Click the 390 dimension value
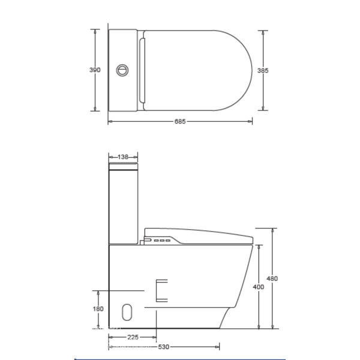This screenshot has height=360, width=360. point(95,70)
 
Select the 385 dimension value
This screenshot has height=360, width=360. point(263,70)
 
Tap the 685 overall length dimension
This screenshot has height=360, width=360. point(180,121)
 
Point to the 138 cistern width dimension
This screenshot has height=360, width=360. point(123,157)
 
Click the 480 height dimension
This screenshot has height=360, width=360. point(272,278)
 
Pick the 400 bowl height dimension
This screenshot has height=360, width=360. point(259,287)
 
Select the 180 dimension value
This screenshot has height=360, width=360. point(98,309)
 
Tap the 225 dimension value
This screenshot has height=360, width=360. point(133,337)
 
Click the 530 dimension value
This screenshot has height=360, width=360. point(163,347)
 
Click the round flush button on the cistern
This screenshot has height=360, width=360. point(122,70)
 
